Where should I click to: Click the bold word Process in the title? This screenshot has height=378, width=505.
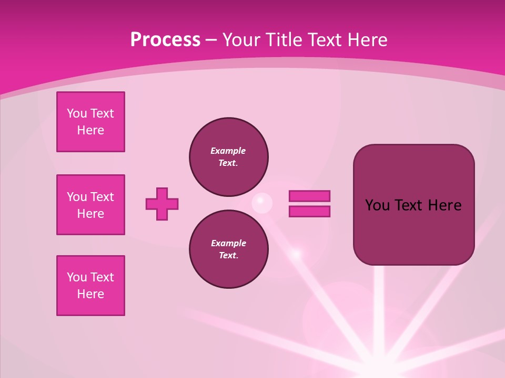[165, 40]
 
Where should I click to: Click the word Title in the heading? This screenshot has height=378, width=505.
[285, 40]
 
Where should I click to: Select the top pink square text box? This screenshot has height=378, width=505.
[90, 122]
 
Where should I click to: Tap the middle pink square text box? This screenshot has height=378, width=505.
[90, 205]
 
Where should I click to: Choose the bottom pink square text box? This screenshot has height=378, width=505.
[90, 286]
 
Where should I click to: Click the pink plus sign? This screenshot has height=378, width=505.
[162, 204]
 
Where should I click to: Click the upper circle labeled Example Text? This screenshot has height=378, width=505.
[229, 157]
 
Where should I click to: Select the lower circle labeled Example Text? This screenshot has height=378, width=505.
[229, 249]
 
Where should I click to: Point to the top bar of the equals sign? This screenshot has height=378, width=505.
[309, 196]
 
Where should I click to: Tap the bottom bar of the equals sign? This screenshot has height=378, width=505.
[309, 211]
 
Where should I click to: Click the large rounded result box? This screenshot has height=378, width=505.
[413, 231]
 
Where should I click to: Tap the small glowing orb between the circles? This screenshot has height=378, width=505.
[261, 203]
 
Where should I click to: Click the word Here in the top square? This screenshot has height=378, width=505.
[90, 130]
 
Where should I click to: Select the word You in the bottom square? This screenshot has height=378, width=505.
[77, 277]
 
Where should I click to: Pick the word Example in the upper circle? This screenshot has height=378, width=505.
[228, 151]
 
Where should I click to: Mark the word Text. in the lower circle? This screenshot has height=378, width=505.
[228, 256]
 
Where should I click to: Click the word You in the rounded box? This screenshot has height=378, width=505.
[377, 205]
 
